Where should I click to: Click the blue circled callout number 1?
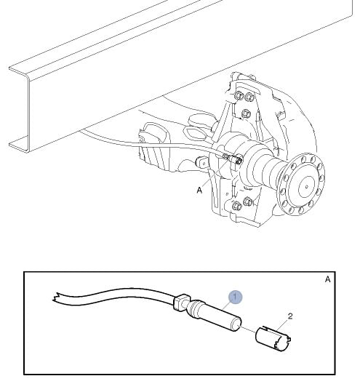(236, 297)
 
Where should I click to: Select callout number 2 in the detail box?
(290, 316)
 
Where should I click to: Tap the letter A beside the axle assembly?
(199, 190)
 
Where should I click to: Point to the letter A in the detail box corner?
(328, 279)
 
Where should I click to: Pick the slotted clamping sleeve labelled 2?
(273, 339)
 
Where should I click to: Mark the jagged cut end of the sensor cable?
(56, 297)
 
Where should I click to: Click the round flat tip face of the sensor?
(237, 324)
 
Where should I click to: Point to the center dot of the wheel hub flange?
(307, 187)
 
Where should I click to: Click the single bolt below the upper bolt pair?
(246, 113)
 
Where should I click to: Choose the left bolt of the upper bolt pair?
(239, 95)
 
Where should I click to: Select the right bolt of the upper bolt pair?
(249, 97)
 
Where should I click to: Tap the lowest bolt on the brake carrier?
(236, 206)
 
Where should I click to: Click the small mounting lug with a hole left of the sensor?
(202, 162)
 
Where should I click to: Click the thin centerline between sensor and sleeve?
(247, 329)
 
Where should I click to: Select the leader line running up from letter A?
(216, 173)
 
